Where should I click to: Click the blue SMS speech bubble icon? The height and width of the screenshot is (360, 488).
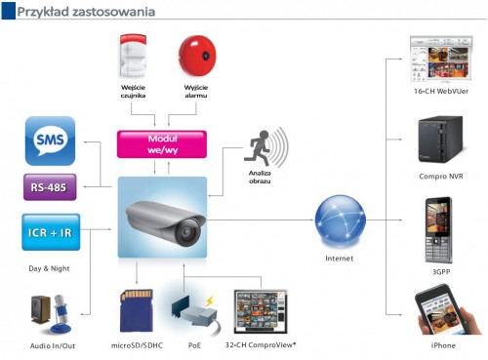tap(50, 140)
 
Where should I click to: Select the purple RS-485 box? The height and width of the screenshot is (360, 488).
tap(50, 187)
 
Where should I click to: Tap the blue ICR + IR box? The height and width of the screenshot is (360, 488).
tap(51, 232)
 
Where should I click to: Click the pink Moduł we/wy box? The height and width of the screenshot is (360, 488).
tap(162, 144)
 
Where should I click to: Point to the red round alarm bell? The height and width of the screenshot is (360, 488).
tap(197, 56)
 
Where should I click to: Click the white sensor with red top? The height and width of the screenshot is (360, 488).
tap(133, 56)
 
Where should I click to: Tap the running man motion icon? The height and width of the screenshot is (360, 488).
tap(258, 146)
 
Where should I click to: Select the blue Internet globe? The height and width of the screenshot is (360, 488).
tap(340, 221)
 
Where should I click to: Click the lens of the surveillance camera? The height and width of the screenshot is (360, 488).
tap(186, 232)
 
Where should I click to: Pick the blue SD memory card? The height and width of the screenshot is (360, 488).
tap(137, 310)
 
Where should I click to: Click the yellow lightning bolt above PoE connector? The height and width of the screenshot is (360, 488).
tap(210, 300)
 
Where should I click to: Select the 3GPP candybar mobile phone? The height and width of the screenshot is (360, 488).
tap(438, 230)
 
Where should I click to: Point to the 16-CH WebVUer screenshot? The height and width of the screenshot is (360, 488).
tap(441, 59)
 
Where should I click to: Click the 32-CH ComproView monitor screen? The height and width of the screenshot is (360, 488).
tap(261, 311)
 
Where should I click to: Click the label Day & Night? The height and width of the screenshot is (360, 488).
tap(49, 268)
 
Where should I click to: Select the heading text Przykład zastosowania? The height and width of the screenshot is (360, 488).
tap(86, 12)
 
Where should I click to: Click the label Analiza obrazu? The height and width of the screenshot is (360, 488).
tap(260, 178)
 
